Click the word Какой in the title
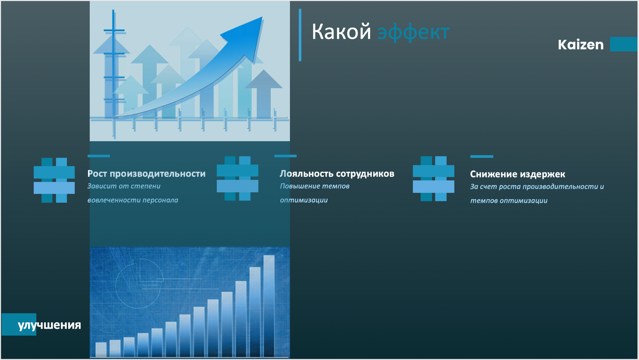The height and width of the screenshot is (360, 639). [x=340, y=32]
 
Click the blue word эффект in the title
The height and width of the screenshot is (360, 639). [x=413, y=32]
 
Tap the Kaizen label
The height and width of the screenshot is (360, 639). [x=580, y=45]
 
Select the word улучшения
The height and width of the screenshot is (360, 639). [x=50, y=325]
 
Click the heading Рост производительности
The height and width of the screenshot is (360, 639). [x=146, y=174]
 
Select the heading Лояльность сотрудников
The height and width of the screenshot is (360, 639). [x=337, y=174]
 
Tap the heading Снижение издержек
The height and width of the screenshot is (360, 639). [x=518, y=174]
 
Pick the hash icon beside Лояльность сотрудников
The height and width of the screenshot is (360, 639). [x=237, y=178]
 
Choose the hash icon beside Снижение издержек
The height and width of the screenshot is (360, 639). [x=433, y=178]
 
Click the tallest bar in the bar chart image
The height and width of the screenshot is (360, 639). [x=269, y=306]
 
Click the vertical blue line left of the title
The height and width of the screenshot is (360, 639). [x=300, y=35]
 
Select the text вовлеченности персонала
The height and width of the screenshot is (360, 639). [x=133, y=200]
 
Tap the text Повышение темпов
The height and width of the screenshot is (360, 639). [x=315, y=187]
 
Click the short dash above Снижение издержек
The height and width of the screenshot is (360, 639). [x=481, y=157]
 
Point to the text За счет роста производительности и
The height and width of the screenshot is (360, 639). [x=537, y=187]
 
